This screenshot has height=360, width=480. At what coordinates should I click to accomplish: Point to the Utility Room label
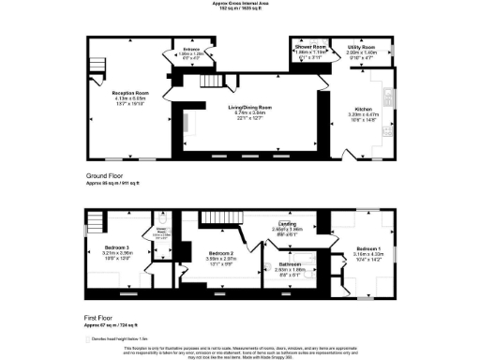(361, 46)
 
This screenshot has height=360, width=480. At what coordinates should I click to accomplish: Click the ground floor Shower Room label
(309, 46)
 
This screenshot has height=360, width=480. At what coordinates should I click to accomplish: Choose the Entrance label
(191, 49)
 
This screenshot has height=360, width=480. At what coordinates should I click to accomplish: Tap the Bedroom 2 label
(219, 254)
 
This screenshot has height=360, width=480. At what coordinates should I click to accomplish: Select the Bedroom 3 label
(117, 247)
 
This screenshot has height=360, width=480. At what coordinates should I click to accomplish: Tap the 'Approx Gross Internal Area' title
(241, 4)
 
